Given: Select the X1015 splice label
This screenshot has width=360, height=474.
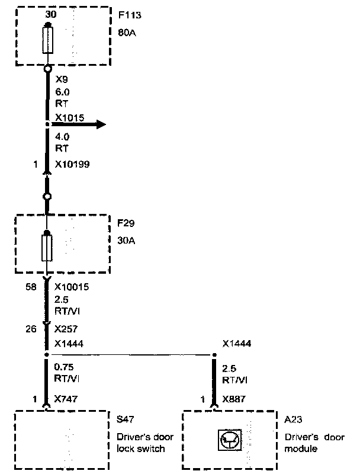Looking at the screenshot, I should pyautogui.click(x=69, y=117).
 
